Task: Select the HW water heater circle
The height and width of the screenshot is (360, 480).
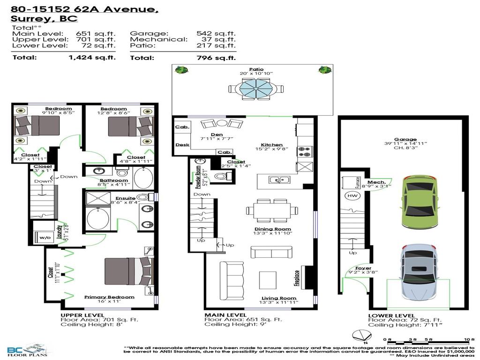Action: pyautogui.click(x=352, y=195)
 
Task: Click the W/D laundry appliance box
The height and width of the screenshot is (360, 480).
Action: pyautogui.click(x=45, y=238)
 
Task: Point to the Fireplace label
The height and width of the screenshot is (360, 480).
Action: pyautogui.click(x=297, y=278)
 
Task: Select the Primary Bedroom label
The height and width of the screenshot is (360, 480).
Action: pyautogui.click(x=109, y=297)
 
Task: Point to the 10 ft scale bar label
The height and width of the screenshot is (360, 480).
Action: pyautogui.click(x=466, y=339)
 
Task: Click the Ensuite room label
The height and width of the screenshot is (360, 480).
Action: pyautogui.click(x=125, y=199)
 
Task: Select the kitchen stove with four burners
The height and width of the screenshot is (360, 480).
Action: pyautogui.click(x=304, y=151)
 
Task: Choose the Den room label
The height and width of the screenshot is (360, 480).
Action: pyautogui.click(x=217, y=134)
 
